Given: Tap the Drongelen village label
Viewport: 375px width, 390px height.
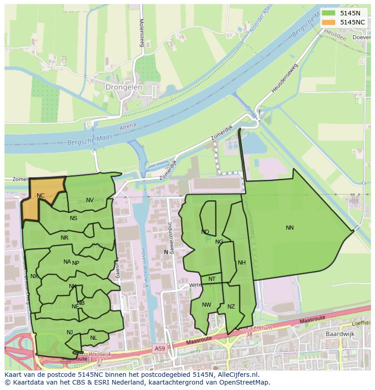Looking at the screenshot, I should [x=124, y=87].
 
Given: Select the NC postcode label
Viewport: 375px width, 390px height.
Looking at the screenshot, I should [x=41, y=196].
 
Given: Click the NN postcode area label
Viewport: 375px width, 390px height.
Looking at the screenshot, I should [x=290, y=228].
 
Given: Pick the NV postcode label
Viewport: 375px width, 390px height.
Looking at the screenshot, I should [x=90, y=200].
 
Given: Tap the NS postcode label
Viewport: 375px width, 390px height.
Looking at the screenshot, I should [x=73, y=218].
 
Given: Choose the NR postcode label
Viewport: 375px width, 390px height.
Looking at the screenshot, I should [x=64, y=238].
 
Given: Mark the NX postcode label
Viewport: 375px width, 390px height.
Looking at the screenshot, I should [x=34, y=276].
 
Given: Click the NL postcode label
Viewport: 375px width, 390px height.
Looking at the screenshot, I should [x=93, y=338].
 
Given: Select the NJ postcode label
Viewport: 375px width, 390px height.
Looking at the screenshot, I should [x=70, y=332].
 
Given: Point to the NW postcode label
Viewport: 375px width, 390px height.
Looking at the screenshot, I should [x=207, y=305].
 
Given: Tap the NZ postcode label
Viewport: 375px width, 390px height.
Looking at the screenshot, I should [x=231, y=307].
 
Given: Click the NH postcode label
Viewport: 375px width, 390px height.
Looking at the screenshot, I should [x=241, y=263].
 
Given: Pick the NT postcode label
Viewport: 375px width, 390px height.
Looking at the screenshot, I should [x=212, y=279].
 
